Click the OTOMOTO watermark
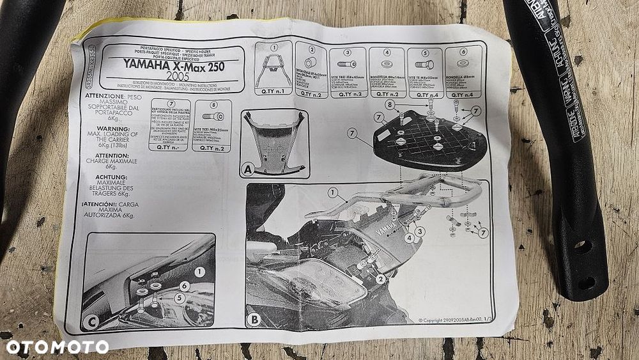[x=57, y=347]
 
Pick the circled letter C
[x=90, y=323]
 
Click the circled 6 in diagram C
[x=185, y=286]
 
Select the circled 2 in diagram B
[x=380, y=278]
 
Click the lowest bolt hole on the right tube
[x=584, y=281]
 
